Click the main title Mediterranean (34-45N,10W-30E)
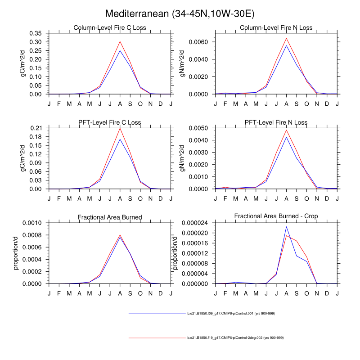click(x=180, y=14)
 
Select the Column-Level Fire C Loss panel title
click(x=110, y=28)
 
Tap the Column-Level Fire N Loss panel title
click(x=276, y=28)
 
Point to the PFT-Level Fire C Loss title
click(x=110, y=122)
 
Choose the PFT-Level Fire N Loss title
click(x=276, y=122)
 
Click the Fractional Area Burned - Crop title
click(x=276, y=216)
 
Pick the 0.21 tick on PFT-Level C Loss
click(x=37, y=128)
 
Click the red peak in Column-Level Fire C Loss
click(x=120, y=41)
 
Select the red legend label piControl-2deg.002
click(x=235, y=337)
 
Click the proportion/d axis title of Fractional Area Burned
click(x=17, y=253)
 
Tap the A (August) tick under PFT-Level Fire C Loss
click(x=120, y=198)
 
